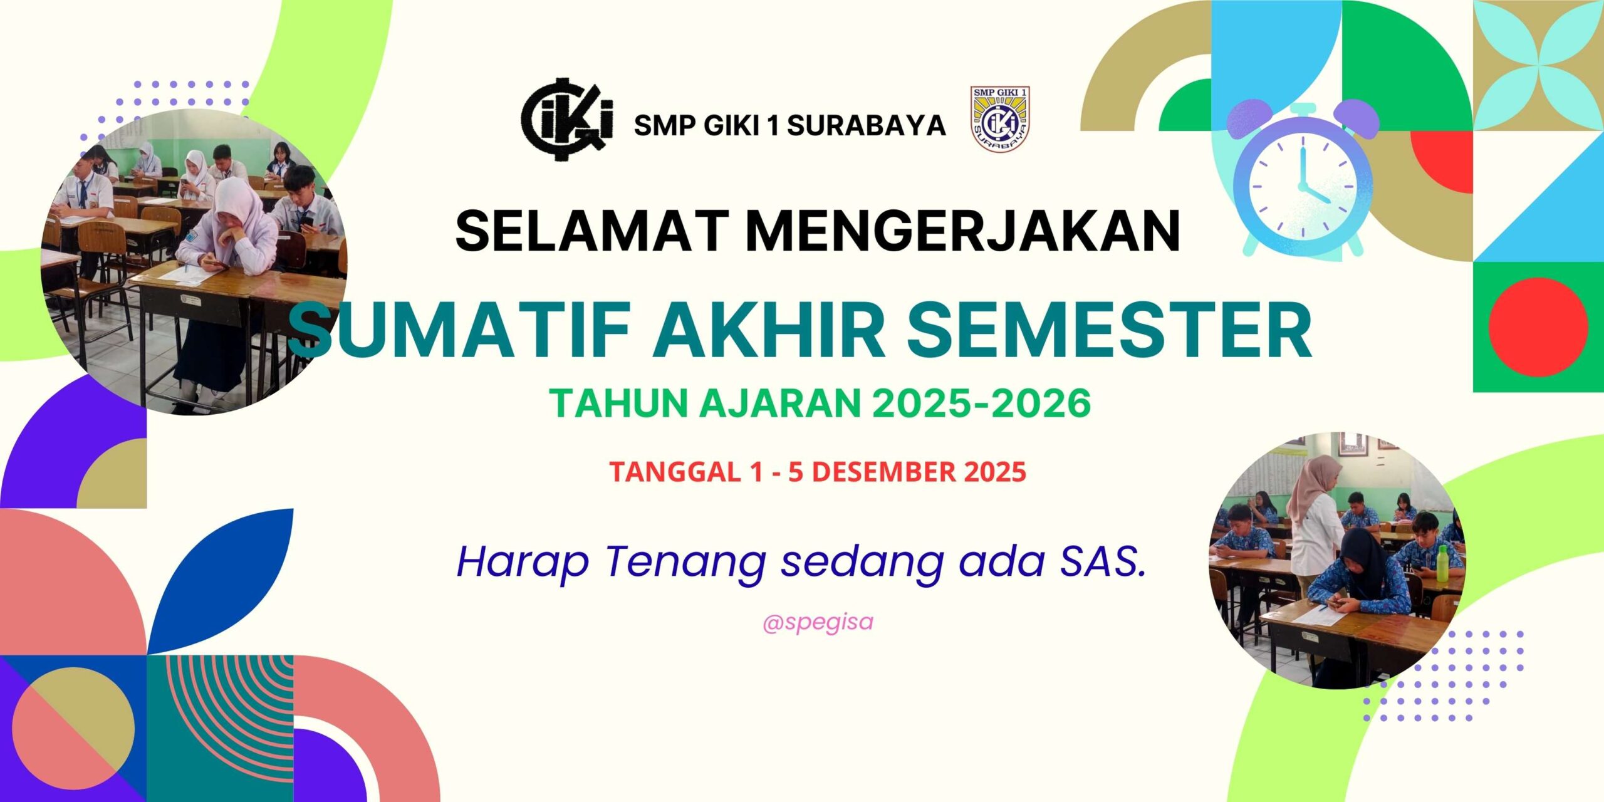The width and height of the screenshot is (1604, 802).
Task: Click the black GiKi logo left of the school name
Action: (x=567, y=119)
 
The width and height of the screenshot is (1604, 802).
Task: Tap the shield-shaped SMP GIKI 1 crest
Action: (x=1000, y=119)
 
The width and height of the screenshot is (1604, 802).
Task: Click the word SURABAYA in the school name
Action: (x=867, y=126)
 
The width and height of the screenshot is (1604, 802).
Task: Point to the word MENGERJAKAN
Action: (x=963, y=230)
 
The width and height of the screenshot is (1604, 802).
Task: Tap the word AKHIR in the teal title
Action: (x=769, y=330)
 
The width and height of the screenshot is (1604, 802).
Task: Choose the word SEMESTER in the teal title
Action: (x=1109, y=330)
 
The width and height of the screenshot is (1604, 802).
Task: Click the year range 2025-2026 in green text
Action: (x=982, y=403)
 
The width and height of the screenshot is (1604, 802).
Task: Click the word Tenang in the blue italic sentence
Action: (x=685, y=563)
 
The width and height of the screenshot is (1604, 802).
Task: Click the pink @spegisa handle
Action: (x=818, y=623)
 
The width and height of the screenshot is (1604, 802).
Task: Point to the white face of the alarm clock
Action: (x=1303, y=186)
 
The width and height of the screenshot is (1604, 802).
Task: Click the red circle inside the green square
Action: (x=1538, y=327)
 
